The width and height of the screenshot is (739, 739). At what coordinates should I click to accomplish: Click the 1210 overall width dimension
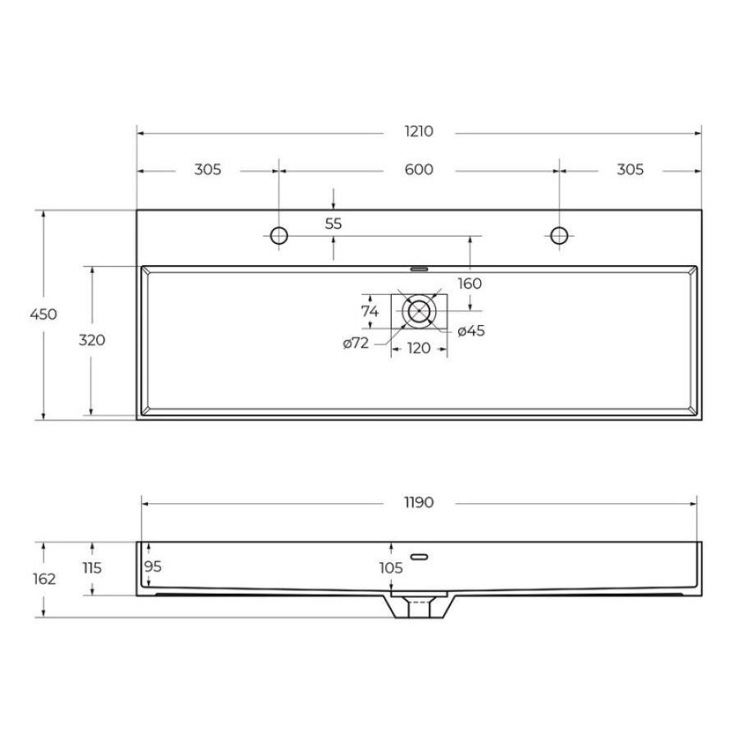[x=419, y=131]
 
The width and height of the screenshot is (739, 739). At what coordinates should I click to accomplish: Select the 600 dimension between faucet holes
[x=419, y=169]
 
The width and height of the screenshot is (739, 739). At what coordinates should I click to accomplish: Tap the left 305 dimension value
[x=208, y=169]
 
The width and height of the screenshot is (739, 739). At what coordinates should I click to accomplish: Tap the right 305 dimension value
[x=630, y=169]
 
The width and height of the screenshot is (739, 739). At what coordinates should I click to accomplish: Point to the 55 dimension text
[x=333, y=223]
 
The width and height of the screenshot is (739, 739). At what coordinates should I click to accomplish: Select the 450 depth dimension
[x=44, y=314]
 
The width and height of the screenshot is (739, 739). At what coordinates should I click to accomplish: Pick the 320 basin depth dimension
[x=92, y=340]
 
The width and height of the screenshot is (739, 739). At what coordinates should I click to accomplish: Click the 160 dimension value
[x=470, y=283]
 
